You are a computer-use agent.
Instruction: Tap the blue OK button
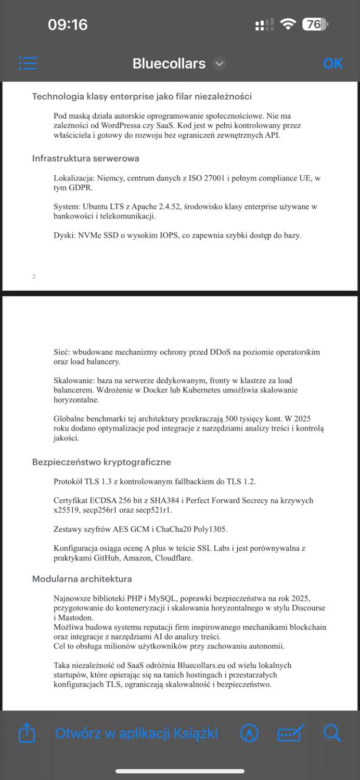(x=332, y=63)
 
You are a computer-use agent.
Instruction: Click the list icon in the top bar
(x=28, y=63)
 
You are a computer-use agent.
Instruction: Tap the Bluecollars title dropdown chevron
(x=220, y=63)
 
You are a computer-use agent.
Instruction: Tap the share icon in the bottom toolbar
(x=27, y=733)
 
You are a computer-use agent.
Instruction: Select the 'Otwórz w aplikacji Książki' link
(x=136, y=733)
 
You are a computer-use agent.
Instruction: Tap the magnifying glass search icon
(x=332, y=733)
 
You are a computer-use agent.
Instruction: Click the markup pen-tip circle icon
(x=250, y=733)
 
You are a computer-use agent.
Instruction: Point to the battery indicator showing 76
(x=314, y=24)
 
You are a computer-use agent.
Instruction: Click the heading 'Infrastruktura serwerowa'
(x=85, y=158)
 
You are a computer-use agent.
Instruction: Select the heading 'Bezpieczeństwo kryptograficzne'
(x=101, y=462)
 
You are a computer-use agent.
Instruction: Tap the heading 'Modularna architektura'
(x=82, y=579)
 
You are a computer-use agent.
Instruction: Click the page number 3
(x=34, y=276)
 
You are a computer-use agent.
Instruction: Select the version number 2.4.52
(x=164, y=206)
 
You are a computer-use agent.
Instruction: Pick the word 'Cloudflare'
(x=174, y=558)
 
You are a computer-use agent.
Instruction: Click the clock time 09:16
(x=68, y=24)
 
